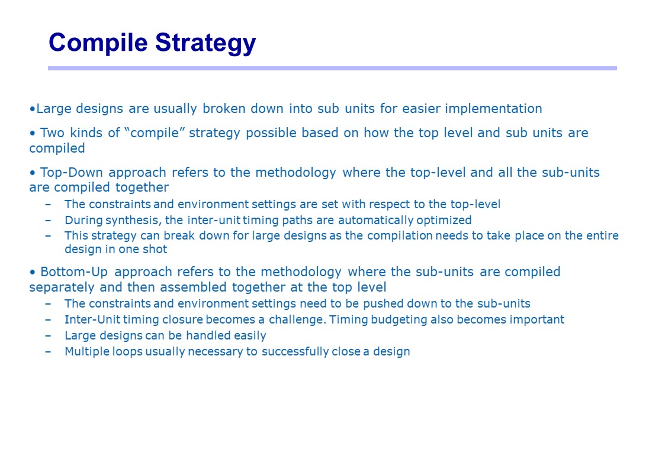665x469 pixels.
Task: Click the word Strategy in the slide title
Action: tap(205, 43)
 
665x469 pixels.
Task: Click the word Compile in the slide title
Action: tap(98, 43)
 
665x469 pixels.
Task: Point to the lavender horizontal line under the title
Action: tap(332, 68)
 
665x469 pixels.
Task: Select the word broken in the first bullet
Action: tap(223, 108)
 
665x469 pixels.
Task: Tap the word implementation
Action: tap(493, 109)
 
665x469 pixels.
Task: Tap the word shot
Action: tap(155, 249)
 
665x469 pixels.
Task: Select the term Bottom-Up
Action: tap(74, 272)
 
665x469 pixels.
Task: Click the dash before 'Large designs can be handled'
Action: tap(48, 336)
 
